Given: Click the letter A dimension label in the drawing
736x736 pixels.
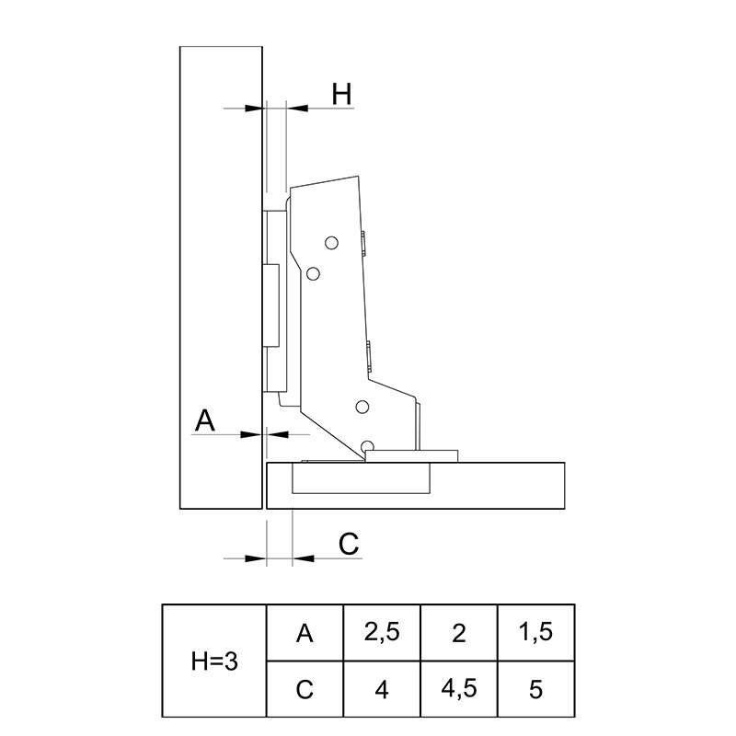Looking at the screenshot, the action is pyautogui.click(x=204, y=420).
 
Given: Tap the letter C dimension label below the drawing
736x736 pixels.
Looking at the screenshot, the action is pyautogui.click(x=349, y=544).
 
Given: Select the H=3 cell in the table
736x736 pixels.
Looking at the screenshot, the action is pyautogui.click(x=214, y=661).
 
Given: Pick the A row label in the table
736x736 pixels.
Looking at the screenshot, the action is pyautogui.click(x=305, y=633).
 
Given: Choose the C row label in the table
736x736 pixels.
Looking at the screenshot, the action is pyautogui.click(x=305, y=689).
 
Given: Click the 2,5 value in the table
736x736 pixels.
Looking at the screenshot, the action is pyautogui.click(x=382, y=633).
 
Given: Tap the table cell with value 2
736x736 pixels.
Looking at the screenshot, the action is pyautogui.click(x=459, y=633).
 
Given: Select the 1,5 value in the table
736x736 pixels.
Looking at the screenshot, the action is pyautogui.click(x=536, y=633).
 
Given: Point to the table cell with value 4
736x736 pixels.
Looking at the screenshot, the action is pyautogui.click(x=382, y=689).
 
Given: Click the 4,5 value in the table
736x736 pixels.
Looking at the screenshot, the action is pyautogui.click(x=459, y=689).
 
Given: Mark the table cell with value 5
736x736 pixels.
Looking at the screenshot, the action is pyautogui.click(x=536, y=689).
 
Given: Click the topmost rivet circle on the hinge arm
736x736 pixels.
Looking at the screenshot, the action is pyautogui.click(x=331, y=243).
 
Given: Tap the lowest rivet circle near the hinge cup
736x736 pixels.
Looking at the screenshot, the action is pyautogui.click(x=367, y=446).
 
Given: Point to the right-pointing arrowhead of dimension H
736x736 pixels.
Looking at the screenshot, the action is pyautogui.click(x=254, y=109).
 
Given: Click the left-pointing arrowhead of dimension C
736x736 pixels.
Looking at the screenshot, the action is pyautogui.click(x=303, y=558).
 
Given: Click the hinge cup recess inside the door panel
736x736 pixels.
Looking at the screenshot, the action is pyautogui.click(x=362, y=478).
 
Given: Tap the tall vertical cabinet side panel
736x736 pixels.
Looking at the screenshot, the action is pyautogui.click(x=221, y=278).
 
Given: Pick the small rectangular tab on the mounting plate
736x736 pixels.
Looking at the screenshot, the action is pyautogui.click(x=270, y=305).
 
